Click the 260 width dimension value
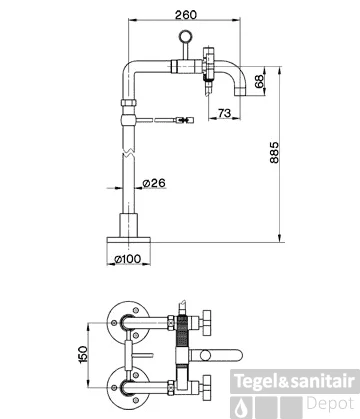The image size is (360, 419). (186, 15)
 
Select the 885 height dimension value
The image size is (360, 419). (274, 153)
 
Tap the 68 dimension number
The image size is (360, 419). (259, 81)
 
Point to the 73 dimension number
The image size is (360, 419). (224, 113)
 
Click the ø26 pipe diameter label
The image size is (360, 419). (154, 183)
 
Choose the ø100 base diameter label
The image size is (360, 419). (128, 259)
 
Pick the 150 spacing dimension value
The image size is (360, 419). (83, 354)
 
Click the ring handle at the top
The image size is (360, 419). (185, 36)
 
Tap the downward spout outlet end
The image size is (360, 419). (240, 91)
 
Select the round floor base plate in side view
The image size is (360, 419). (128, 240)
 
